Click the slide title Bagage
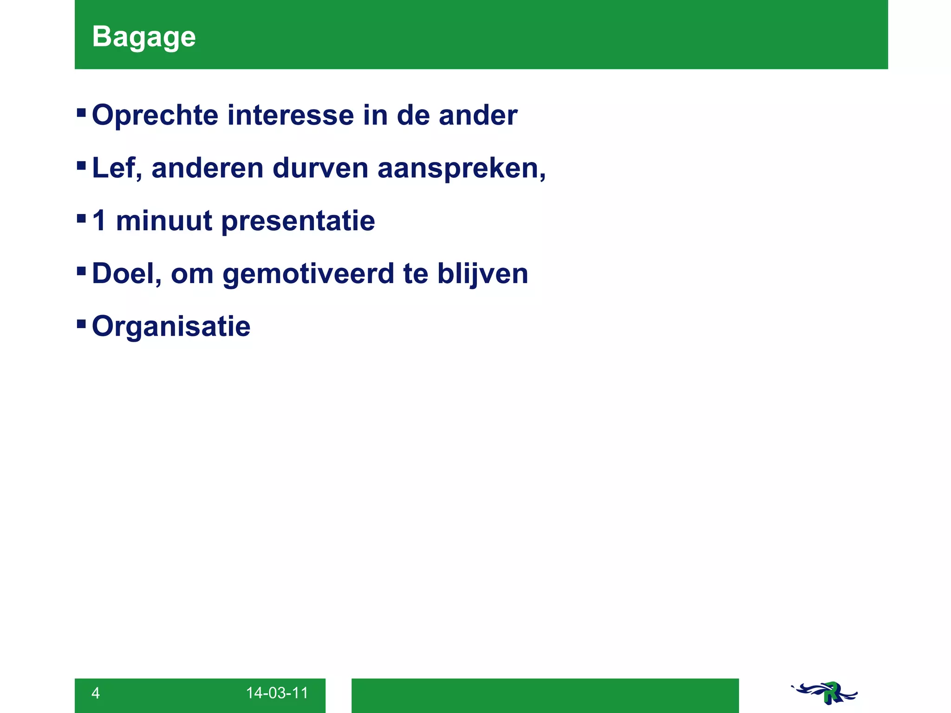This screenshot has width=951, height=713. pyautogui.click(x=143, y=37)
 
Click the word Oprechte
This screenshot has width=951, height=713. pyautogui.click(x=155, y=115)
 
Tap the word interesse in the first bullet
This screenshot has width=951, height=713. pyautogui.click(x=290, y=115)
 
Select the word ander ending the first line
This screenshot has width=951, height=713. pyautogui.click(x=478, y=115)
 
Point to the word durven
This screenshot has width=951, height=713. pyautogui.click(x=320, y=168)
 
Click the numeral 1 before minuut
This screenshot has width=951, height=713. pyautogui.click(x=99, y=220)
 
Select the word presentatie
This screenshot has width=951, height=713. pyautogui.click(x=298, y=221)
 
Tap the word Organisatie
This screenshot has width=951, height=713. pyautogui.click(x=171, y=327)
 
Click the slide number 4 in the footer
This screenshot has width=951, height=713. pyautogui.click(x=96, y=693)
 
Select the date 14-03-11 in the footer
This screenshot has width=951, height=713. pyautogui.click(x=277, y=693)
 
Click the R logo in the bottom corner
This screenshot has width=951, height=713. pyautogui.click(x=825, y=693)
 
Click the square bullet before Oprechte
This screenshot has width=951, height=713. pyautogui.click(x=81, y=112)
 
